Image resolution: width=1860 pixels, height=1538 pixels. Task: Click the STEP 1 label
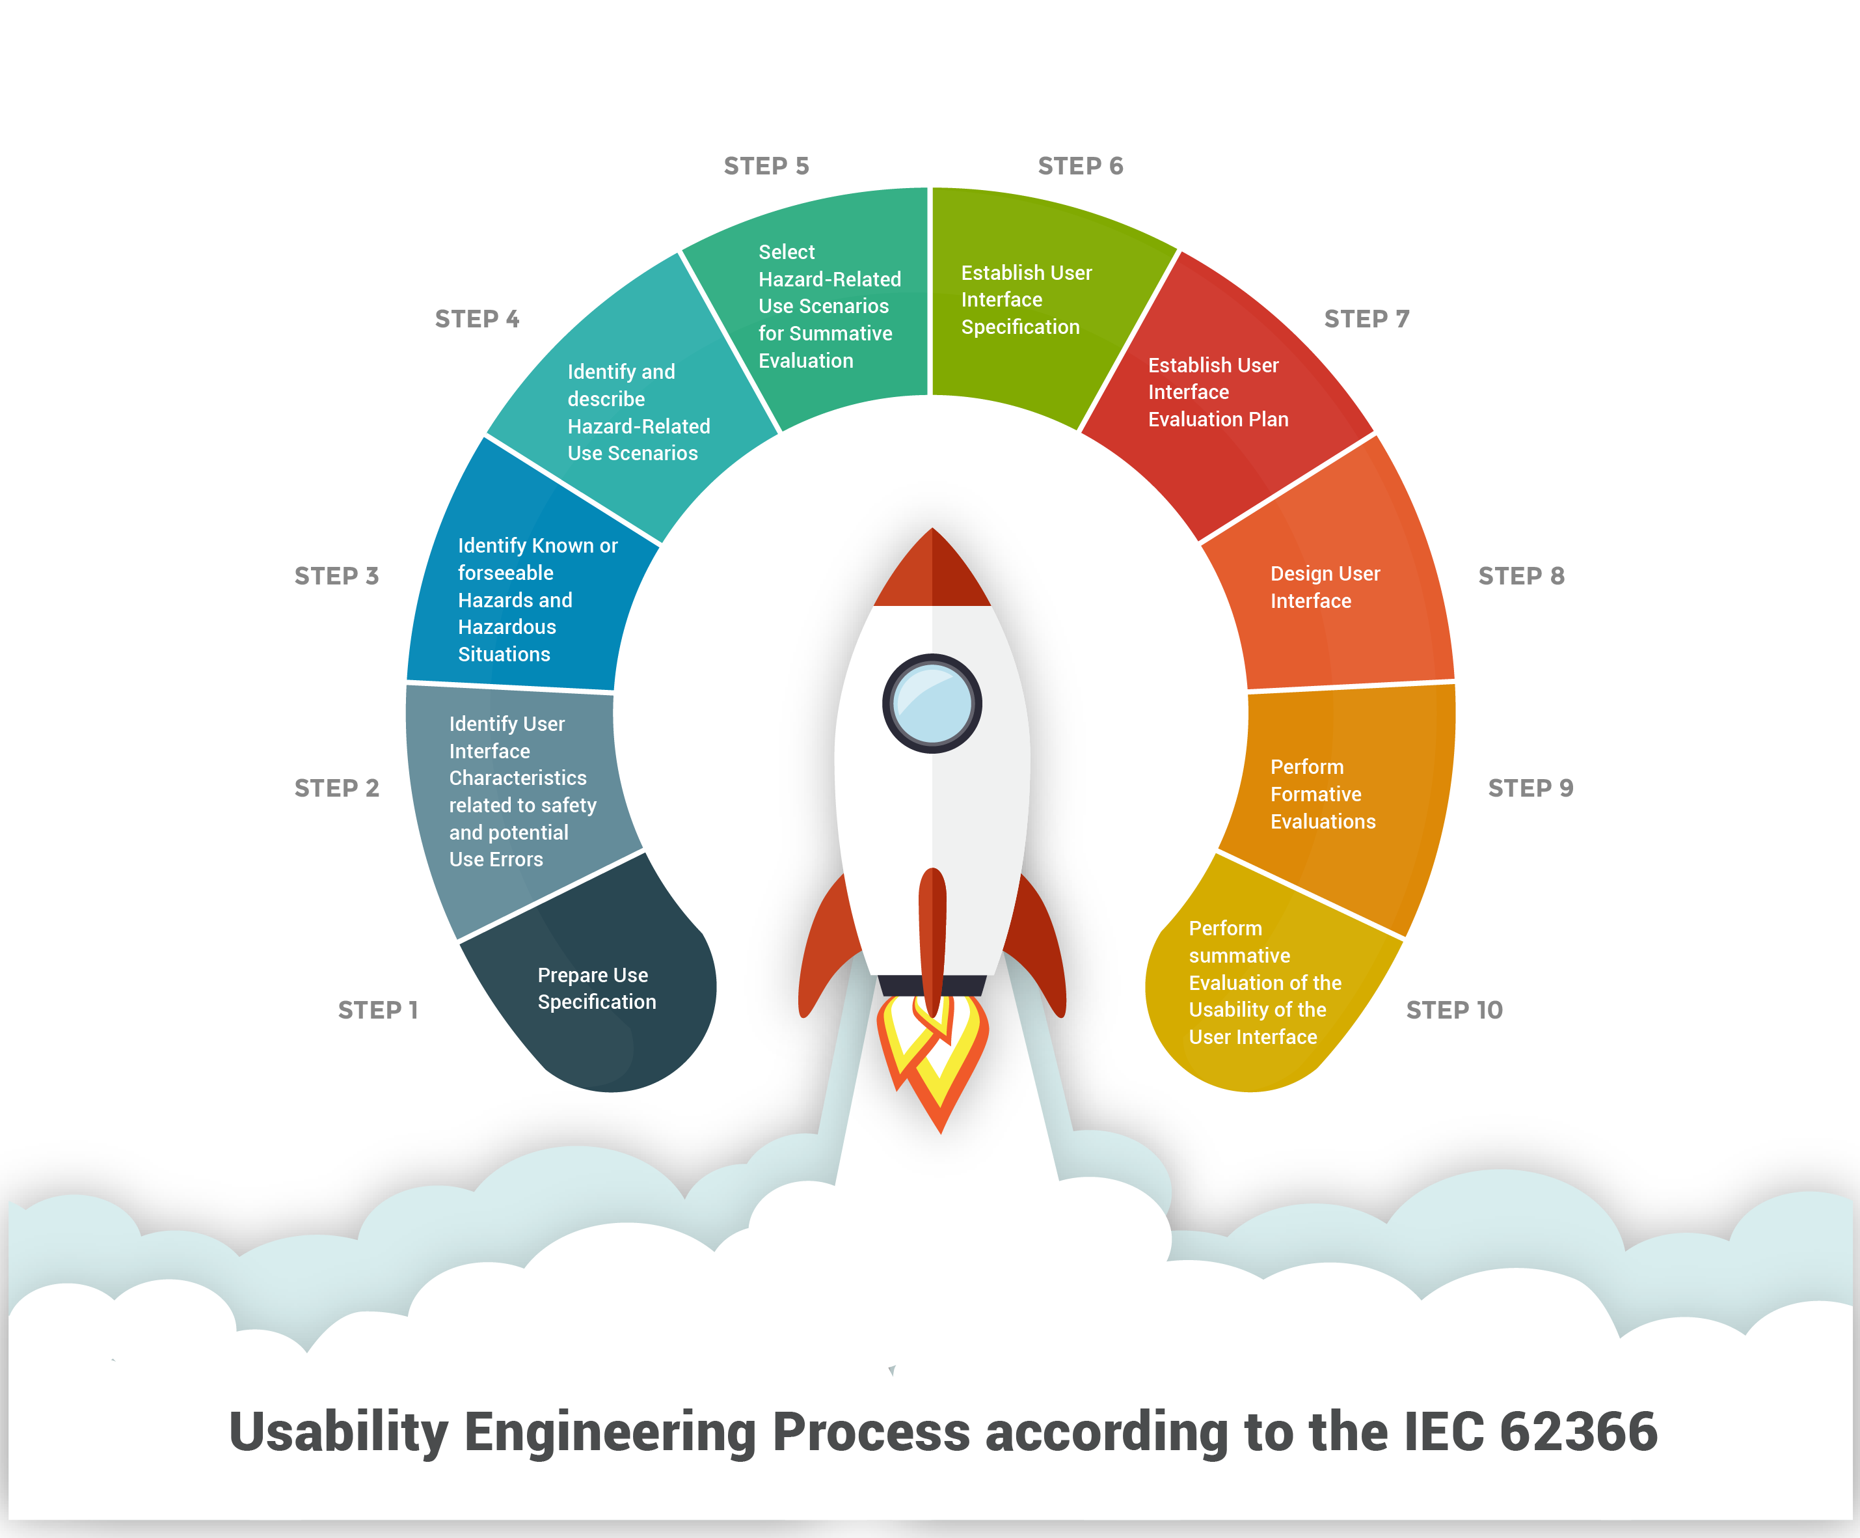377,1010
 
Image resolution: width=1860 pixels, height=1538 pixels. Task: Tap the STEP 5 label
766,166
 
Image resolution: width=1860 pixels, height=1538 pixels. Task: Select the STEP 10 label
1454,1010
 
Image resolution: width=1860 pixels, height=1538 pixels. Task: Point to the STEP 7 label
1366,319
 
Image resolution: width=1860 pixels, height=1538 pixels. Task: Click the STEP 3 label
336,576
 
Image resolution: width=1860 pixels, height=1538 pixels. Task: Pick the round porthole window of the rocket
932,704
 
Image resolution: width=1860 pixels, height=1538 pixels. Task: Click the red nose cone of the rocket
932,571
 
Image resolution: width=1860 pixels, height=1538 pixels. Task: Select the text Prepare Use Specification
596,989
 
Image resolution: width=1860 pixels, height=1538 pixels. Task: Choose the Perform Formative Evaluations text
1323,794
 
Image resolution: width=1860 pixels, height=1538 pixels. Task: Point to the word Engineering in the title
610,1432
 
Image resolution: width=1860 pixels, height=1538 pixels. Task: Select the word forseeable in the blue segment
505,573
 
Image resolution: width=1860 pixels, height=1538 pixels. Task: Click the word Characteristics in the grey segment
517,778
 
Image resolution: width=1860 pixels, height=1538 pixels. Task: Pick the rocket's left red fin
824,948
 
